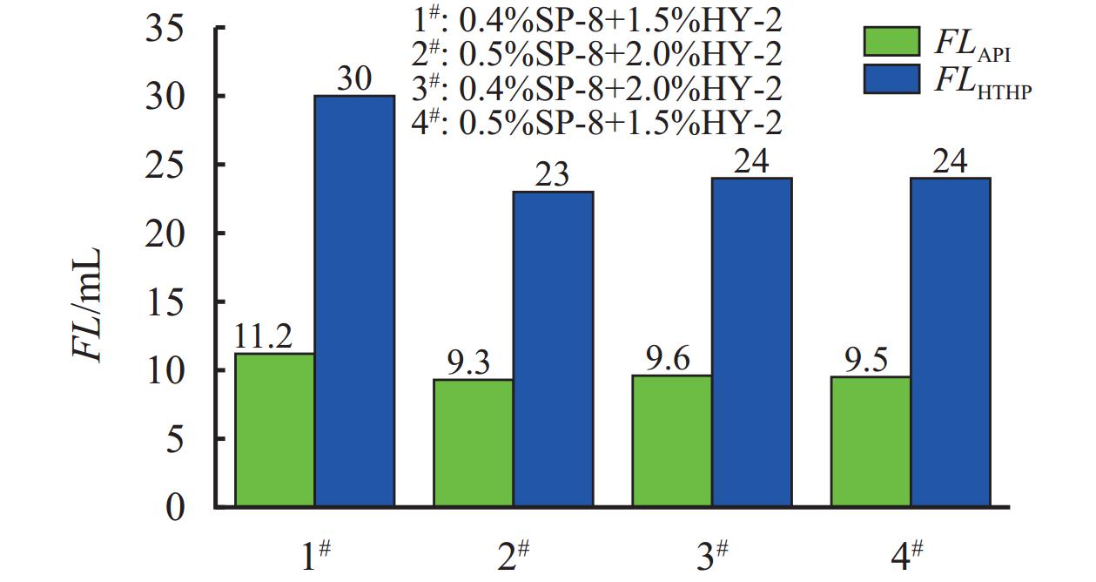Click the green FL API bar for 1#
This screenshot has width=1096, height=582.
click(x=274, y=430)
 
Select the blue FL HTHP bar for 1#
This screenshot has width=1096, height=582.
click(x=354, y=301)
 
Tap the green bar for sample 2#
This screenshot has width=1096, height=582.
click(x=473, y=443)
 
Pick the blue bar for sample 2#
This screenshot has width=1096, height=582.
click(x=553, y=349)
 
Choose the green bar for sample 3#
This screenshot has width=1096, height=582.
click(x=671, y=440)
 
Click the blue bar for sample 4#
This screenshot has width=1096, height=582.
click(x=950, y=342)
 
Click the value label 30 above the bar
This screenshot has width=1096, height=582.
click(x=354, y=80)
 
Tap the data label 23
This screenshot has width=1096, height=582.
click(x=552, y=176)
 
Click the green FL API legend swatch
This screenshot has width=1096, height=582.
click(x=891, y=41)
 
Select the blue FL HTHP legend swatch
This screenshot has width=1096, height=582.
click(x=891, y=79)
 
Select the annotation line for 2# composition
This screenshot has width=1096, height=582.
click(x=596, y=54)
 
